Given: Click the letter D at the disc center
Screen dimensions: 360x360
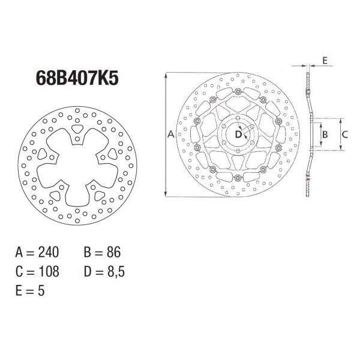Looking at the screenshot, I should click(238, 134).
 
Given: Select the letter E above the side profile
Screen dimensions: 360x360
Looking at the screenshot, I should click(323, 61).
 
